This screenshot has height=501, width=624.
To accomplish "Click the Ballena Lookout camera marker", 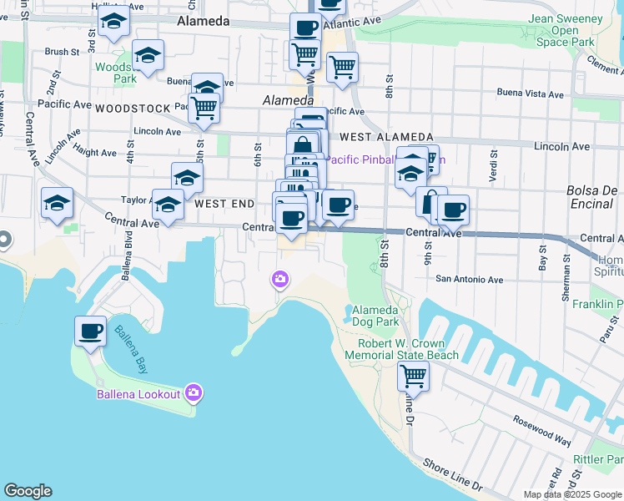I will [x=194, y=392].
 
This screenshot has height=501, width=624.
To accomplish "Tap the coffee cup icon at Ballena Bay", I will [x=90, y=331].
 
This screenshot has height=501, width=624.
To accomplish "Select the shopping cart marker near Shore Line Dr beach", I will [x=412, y=377].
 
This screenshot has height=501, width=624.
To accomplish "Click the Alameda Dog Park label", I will [x=375, y=314].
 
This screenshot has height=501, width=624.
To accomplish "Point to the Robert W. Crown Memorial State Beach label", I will [x=408, y=349].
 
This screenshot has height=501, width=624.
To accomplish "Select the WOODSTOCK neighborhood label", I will [x=133, y=109].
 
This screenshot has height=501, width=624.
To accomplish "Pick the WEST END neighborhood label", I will [x=224, y=204].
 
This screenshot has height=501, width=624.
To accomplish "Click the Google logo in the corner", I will [x=28, y=491].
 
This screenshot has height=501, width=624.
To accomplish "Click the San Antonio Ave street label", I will [x=471, y=279].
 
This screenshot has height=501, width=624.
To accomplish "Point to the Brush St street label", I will [x=62, y=52].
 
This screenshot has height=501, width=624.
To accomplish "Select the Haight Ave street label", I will [x=96, y=153].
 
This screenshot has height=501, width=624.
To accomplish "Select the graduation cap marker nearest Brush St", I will [x=148, y=56].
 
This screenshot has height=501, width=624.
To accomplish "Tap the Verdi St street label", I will [x=494, y=168].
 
